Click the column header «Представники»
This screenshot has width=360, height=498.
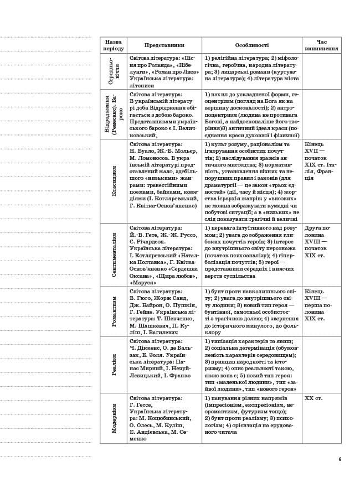pos(164,45)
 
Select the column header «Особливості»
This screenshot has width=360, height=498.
pos(251,45)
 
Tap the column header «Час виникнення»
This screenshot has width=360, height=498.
pos(321,45)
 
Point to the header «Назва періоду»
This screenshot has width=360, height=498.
pos(114,45)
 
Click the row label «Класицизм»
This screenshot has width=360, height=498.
pos(114,181)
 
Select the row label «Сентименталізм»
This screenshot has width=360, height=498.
pos(114,255)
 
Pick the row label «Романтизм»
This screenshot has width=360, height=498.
pos(114,311)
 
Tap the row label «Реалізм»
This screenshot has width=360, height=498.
pos(114,365)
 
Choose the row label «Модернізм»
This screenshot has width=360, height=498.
pos(114,418)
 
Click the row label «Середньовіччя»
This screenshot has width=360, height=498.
pos(114,71)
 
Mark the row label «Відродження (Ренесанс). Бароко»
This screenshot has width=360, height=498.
pos(114,115)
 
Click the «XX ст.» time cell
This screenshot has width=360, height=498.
pos(313,398)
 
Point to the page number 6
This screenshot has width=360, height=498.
pos(340,459)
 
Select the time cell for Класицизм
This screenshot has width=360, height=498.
pos(320,160)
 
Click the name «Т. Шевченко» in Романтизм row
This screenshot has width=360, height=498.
pos(177,319)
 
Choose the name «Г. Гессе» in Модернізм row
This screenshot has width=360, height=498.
pos(141,405)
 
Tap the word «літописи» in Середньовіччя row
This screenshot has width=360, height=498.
pos(143,86)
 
